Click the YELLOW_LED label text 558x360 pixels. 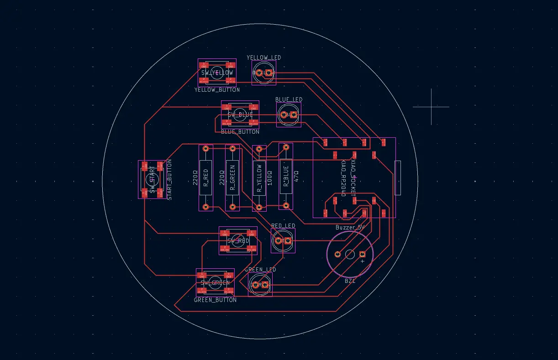tap(264, 57)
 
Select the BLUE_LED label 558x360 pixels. tap(289, 99)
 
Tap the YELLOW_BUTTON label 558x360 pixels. tap(217, 90)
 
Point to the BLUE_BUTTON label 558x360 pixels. tap(240, 132)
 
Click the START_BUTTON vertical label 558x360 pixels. tap(169, 179)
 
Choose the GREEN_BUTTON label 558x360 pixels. tap(215, 300)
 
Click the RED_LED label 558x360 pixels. tap(283, 226)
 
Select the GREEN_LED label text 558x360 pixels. tap(260, 270)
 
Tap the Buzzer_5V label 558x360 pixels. tap(350, 227)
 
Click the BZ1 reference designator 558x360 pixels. tap(350, 282)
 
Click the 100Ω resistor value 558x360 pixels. tap(269, 177)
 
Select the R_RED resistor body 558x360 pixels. tap(206, 177)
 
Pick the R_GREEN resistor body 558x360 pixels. tap(232, 177)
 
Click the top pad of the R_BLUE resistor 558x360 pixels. tap(286, 147)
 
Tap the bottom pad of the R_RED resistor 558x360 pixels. tap(206, 207)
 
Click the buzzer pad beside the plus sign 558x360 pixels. tap(363, 254)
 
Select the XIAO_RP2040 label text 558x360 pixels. tap(344, 178)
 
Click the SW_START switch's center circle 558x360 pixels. tap(152, 179)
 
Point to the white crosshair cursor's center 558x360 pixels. tap(431, 107)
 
